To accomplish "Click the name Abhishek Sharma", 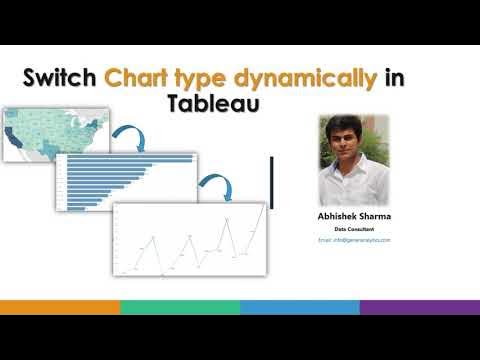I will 354,215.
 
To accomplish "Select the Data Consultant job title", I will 354,229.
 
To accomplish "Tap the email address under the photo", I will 354,240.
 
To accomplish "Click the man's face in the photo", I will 353,137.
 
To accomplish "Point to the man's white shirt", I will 353,180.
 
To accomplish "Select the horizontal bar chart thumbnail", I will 126,181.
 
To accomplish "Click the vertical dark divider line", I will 272,182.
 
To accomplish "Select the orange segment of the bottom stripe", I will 60,307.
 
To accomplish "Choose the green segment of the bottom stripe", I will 180,307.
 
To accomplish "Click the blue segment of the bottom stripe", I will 300,307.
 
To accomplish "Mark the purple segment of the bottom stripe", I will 420,307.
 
